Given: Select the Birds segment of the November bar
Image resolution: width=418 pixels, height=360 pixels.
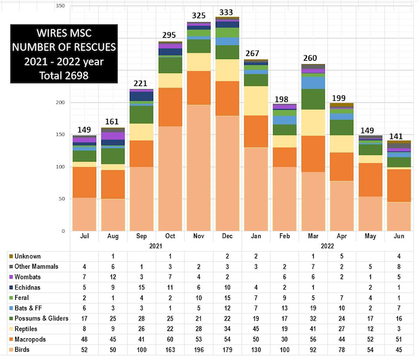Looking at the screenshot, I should click(198, 168).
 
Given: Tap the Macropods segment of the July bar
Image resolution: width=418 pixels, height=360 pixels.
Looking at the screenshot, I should click(84, 182).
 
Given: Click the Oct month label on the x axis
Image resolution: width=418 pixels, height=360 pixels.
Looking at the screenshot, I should click(170, 236).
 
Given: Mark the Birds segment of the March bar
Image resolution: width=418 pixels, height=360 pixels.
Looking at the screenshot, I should click(312, 201).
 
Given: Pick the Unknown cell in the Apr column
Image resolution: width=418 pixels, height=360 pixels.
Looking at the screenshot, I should click(340, 256).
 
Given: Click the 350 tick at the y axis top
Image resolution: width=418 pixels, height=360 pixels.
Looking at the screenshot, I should click(61, 5).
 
